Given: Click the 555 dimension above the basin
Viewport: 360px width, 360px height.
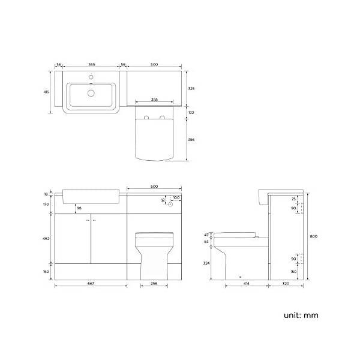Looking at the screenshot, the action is [92, 65].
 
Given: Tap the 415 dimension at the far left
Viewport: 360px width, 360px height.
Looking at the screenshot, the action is [46, 92].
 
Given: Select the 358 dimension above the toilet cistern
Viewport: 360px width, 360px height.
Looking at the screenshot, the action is [154, 100].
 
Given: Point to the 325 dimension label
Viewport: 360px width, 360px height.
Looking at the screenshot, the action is [191, 88].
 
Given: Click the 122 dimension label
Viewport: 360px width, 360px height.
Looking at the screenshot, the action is [191, 113].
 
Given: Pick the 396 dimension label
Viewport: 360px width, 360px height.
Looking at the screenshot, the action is [191, 140].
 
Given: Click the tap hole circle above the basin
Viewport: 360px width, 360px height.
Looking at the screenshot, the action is [91, 77].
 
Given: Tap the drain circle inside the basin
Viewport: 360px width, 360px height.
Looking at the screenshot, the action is [91, 93].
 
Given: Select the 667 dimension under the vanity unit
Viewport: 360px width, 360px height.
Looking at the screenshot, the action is [91, 284].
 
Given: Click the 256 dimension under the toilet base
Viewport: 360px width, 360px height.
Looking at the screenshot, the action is [154, 284].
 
